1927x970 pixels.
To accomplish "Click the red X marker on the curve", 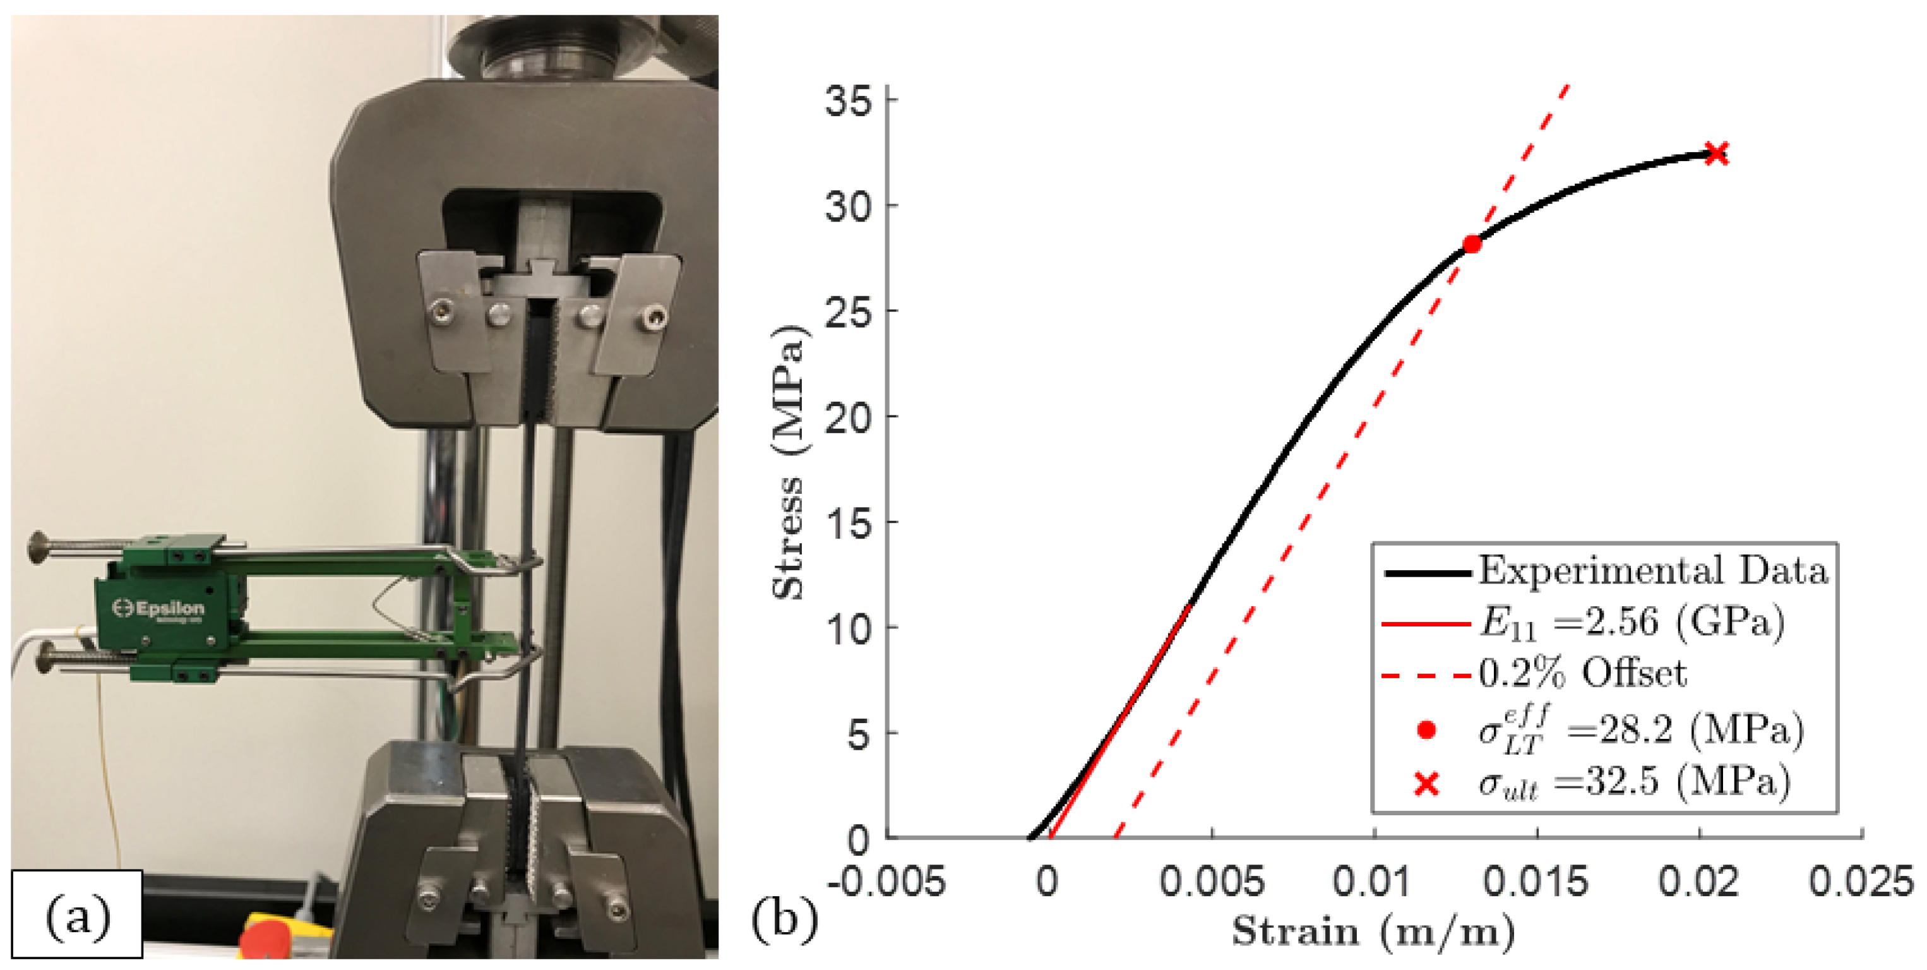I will (x=1716, y=154).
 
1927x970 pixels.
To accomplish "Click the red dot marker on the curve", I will (x=1471, y=244).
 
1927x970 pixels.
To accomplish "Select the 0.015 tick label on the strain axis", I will (x=1536, y=881).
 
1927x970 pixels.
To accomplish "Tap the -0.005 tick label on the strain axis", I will (x=886, y=881).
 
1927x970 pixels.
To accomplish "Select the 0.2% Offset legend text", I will (x=1583, y=674).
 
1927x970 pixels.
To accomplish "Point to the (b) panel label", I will (x=784, y=918).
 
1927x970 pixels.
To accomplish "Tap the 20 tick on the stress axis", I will (x=850, y=417).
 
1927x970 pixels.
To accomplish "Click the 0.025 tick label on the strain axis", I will (x=1861, y=881).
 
